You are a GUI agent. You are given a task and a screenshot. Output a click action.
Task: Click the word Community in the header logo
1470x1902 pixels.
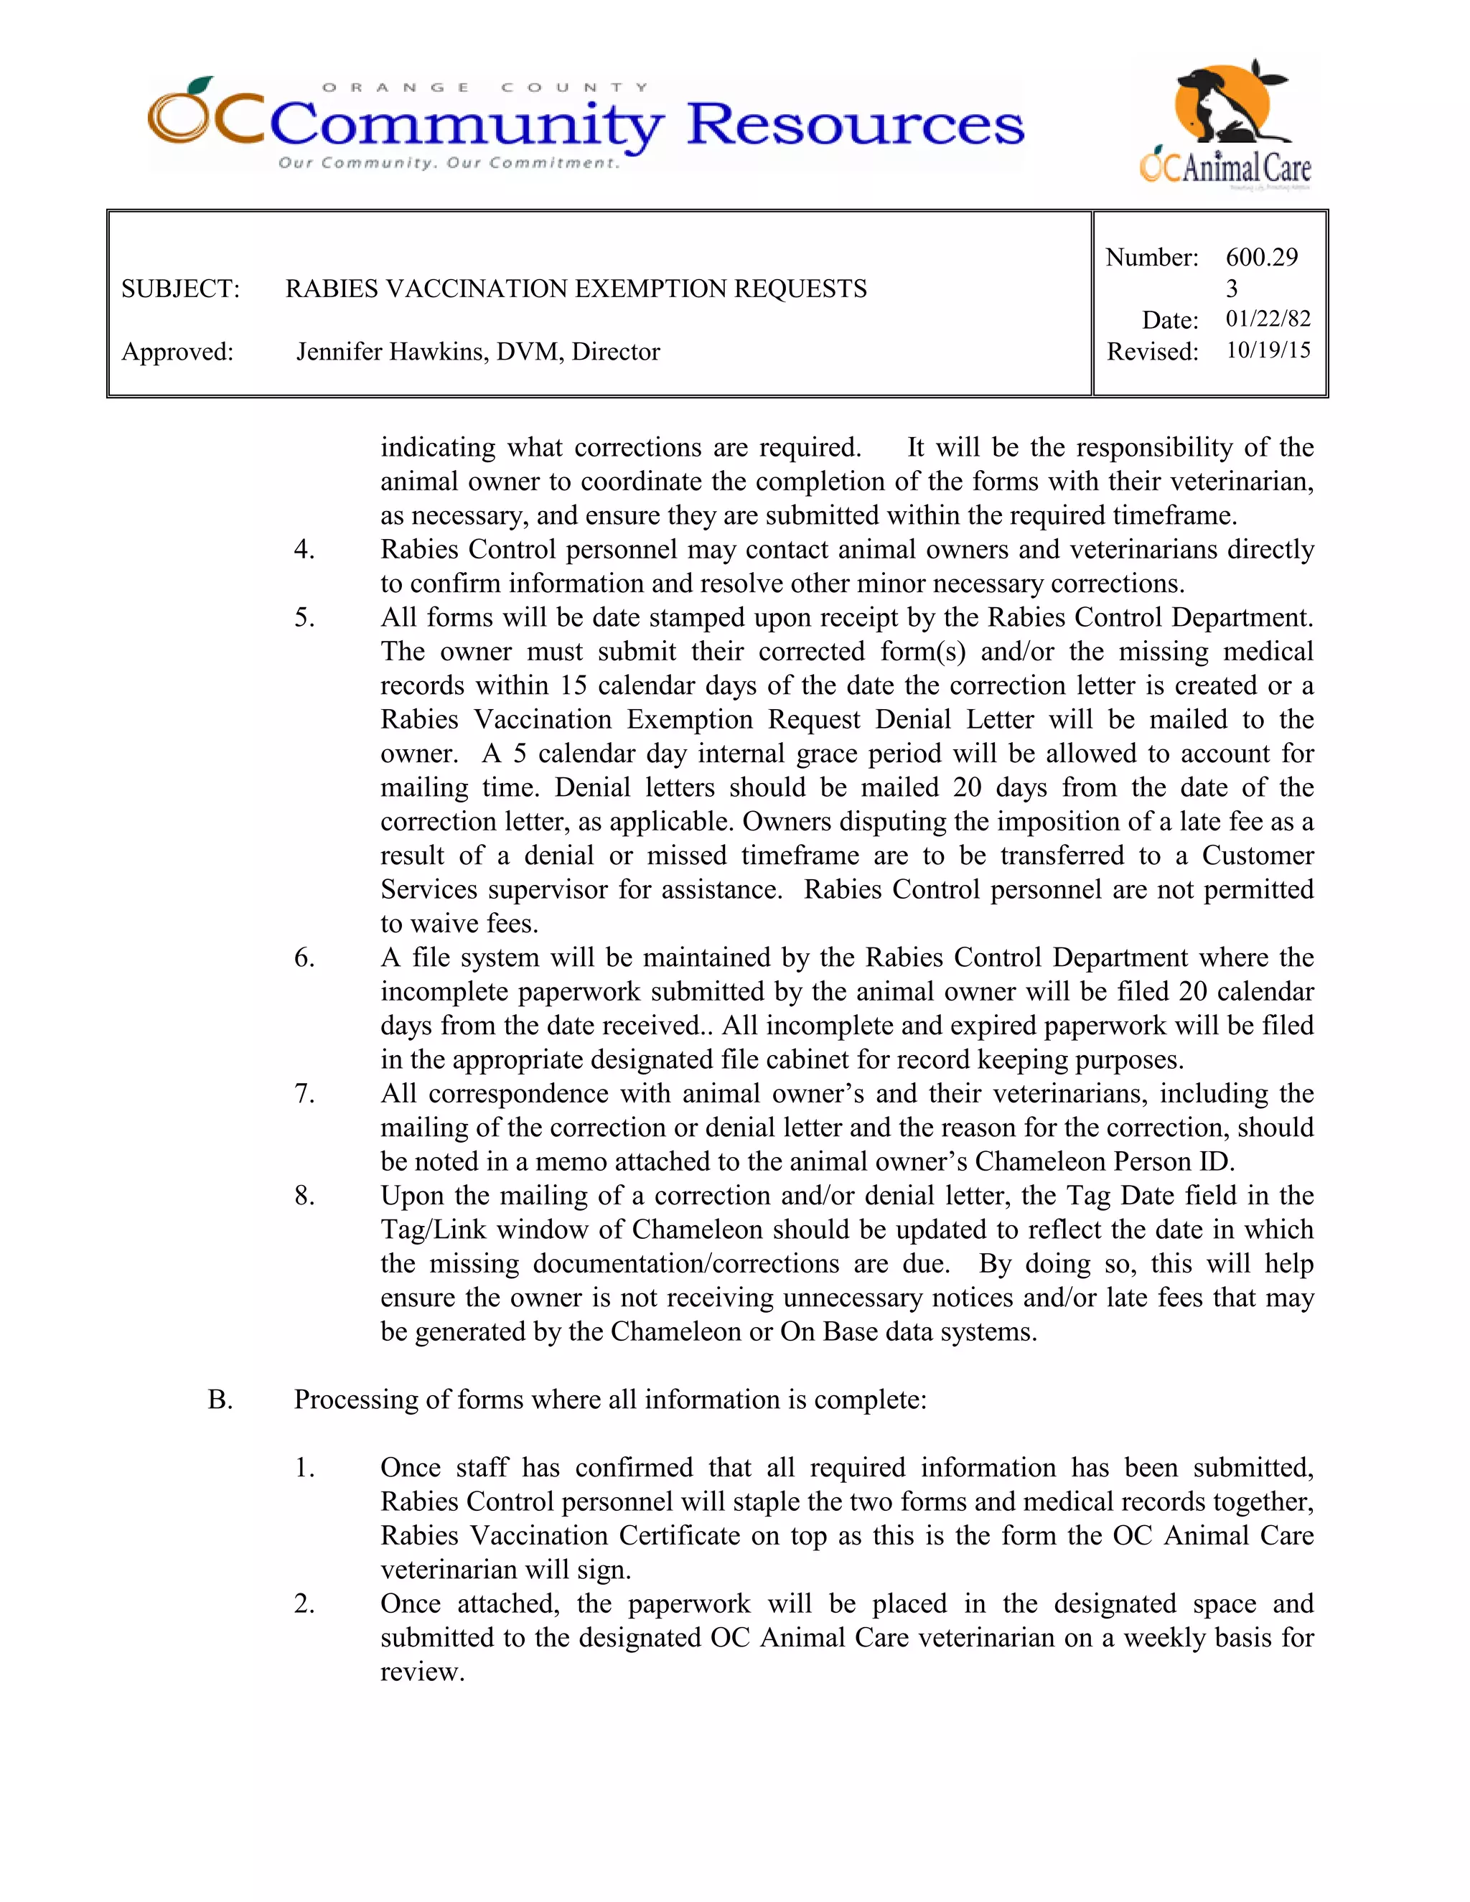pos(467,126)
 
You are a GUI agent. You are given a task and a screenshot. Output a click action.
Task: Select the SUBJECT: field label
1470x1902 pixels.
pos(180,289)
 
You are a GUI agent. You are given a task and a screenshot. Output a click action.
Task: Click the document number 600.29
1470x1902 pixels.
pos(1261,257)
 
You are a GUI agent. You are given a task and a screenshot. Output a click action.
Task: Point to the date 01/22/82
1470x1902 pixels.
pos(1267,319)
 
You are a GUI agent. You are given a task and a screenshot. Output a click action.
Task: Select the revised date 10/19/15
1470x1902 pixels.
pos(1267,350)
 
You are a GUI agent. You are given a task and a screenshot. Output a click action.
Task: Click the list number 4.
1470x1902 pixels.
pos(304,550)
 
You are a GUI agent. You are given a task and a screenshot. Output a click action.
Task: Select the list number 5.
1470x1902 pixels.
pos(304,617)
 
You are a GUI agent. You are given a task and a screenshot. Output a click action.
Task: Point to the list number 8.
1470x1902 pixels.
pos(304,1196)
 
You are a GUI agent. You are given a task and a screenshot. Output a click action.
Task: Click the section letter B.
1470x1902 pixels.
pos(220,1400)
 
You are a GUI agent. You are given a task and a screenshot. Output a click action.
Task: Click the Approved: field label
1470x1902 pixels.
pos(178,352)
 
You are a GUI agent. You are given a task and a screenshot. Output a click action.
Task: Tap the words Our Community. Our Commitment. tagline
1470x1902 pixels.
pos(449,163)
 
